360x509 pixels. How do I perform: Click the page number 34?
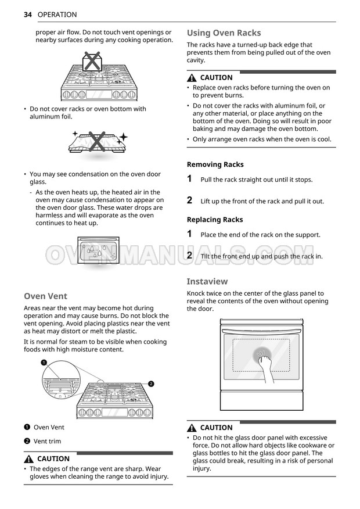[28, 15]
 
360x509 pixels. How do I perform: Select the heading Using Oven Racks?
[224, 33]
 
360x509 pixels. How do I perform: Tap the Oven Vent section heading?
[46, 296]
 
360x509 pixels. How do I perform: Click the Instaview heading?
[207, 281]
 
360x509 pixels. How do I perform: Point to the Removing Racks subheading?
[215, 164]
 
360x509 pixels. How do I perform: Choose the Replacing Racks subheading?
[215, 220]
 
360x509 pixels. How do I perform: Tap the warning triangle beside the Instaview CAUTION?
[192, 428]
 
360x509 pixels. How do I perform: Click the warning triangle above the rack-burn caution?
[192, 77]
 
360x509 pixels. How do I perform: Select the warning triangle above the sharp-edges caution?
[30, 458]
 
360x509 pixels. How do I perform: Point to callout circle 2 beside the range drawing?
[151, 384]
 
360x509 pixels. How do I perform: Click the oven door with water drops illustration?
[98, 251]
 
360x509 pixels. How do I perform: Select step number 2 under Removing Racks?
[190, 200]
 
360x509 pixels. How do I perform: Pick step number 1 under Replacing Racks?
[190, 234]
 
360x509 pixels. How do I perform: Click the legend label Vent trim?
[47, 441]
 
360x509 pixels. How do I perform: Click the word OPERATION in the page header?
[57, 15]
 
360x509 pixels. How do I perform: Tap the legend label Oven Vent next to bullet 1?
[49, 427]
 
